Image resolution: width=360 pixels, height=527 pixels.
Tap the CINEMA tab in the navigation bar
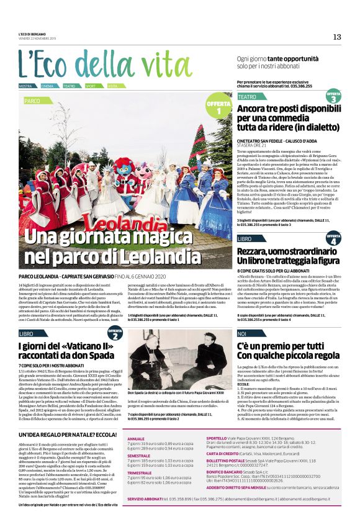(x=48, y=86)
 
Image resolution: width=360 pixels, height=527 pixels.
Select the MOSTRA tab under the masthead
(x=25, y=86)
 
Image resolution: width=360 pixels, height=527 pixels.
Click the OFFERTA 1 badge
(x=218, y=107)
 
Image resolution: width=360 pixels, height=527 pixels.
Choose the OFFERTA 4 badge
(x=333, y=238)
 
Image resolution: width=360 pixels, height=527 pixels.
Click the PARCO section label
(x=32, y=100)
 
